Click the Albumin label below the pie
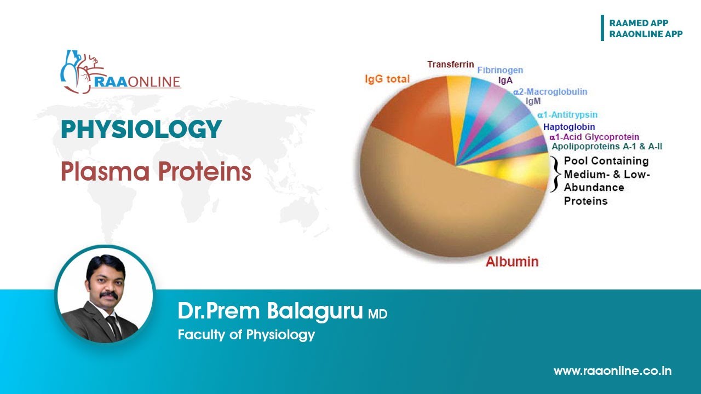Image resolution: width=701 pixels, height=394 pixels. (512, 261)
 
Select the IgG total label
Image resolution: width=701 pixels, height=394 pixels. (387, 79)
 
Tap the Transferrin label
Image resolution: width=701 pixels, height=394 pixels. (450, 65)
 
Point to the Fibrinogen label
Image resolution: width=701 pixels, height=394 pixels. (499, 71)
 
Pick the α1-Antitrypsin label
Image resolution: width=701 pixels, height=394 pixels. (567, 115)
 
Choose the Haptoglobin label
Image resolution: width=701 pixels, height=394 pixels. (569, 127)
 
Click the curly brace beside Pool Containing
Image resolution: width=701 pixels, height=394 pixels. (555, 174)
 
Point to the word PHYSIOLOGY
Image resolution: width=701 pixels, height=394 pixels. (141, 130)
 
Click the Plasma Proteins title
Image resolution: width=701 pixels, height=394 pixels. (156, 172)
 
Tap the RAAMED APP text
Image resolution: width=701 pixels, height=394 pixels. (639, 23)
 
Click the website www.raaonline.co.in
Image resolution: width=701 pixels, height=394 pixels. (612, 371)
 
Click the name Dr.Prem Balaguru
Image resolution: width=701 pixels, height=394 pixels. (270, 311)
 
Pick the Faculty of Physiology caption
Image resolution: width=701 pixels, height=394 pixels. (246, 334)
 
